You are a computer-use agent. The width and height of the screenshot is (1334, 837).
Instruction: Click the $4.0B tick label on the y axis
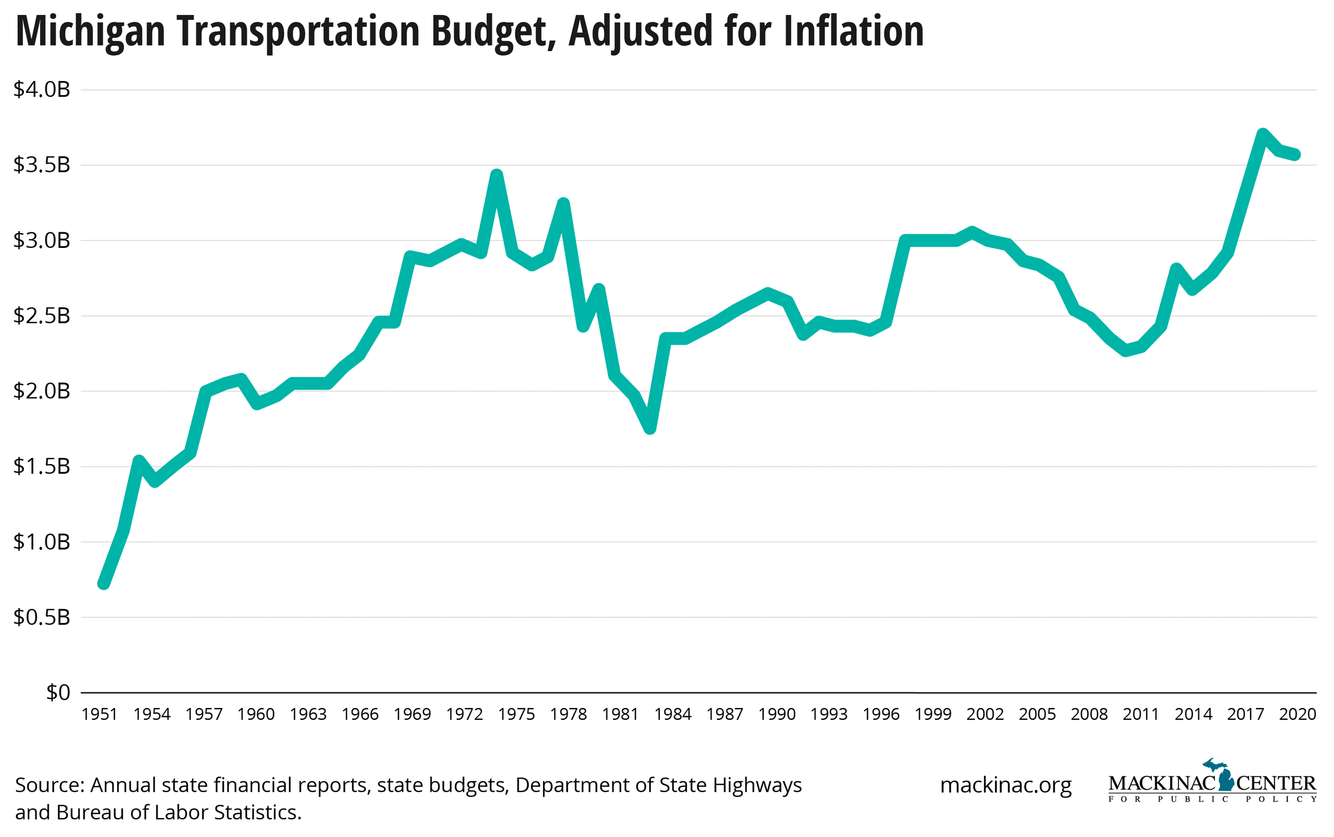(42, 89)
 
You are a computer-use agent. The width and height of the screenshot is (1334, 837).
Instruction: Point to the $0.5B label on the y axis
(42, 617)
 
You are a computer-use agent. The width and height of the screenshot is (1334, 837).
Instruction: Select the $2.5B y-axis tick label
(42, 316)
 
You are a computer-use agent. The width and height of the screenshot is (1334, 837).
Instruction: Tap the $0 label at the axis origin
(58, 692)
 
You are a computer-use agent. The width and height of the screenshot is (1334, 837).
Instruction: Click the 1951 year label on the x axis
(99, 714)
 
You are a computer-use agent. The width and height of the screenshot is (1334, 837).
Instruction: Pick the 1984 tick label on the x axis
(673, 714)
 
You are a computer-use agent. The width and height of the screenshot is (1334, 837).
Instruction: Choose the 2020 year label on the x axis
(1297, 714)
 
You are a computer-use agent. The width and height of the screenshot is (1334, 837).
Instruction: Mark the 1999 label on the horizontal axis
(933, 714)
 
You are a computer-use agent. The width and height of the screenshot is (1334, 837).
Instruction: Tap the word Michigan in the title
(91, 31)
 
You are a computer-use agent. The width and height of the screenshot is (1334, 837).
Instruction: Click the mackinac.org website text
(1006, 785)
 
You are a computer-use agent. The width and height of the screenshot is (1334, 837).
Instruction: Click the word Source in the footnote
(49, 785)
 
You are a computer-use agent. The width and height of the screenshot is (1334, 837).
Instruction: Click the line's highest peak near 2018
(1263, 134)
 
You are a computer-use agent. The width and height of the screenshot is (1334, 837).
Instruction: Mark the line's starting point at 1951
(103, 584)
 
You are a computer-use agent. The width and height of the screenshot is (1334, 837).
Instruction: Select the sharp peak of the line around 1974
(497, 175)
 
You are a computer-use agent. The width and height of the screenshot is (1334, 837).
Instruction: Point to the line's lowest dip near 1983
(650, 429)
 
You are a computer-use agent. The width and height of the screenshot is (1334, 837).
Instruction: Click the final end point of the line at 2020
(1296, 155)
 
